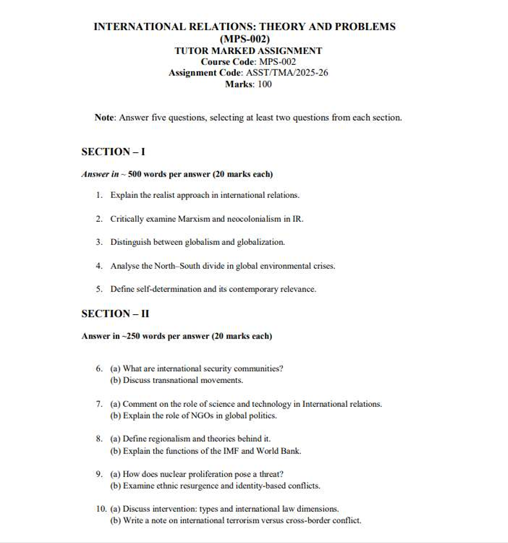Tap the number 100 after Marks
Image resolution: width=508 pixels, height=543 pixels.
tap(264, 84)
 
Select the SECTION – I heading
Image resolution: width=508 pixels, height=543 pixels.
tap(113, 152)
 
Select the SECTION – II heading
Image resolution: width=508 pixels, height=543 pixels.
tap(115, 314)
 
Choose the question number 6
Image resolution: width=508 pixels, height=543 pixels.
tap(98, 369)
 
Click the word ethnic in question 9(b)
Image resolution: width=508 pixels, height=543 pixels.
tap(163, 485)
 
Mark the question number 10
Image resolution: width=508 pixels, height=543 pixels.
tap(100, 509)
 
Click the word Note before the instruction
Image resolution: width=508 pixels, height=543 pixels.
tap(104, 118)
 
